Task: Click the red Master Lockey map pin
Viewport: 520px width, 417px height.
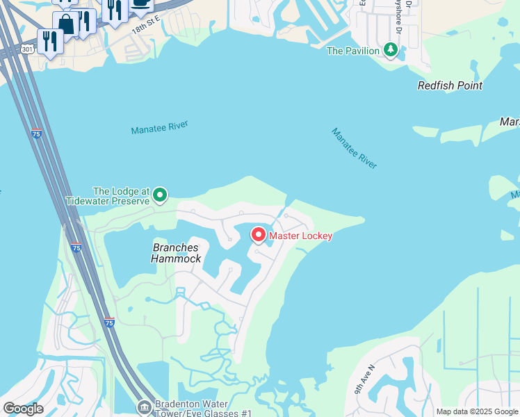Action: click(259, 235)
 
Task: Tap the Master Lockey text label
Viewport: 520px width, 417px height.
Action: click(300, 236)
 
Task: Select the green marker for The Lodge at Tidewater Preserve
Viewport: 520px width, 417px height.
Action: click(160, 195)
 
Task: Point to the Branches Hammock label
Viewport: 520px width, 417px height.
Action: click(177, 253)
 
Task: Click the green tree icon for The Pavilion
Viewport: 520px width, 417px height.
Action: click(391, 50)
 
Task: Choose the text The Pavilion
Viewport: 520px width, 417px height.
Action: click(353, 51)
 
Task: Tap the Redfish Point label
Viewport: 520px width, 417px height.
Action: click(450, 85)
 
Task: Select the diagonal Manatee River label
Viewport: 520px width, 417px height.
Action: click(354, 147)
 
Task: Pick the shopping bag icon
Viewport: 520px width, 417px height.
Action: click(67, 23)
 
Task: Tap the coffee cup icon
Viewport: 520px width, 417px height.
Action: click(141, 4)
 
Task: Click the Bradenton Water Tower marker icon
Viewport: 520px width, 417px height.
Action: click(145, 406)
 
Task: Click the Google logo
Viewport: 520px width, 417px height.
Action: click(23, 409)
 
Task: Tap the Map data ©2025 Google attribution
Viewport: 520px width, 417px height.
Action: click(477, 411)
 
